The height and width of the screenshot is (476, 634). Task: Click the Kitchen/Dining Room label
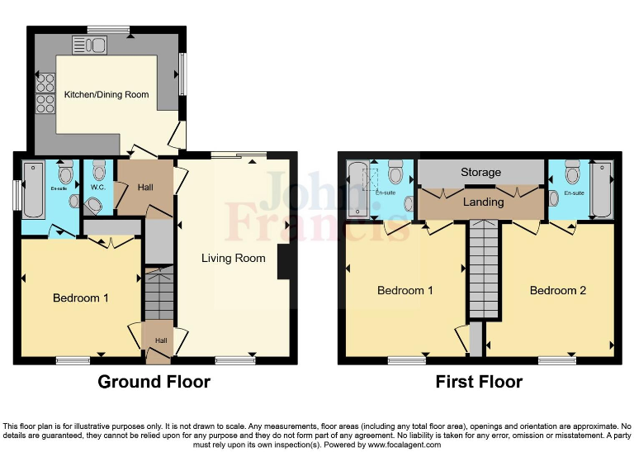(106, 95)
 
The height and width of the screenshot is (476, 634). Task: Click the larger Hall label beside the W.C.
(145, 188)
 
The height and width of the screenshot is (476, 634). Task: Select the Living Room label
(234, 259)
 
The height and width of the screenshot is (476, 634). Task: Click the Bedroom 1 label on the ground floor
(81, 297)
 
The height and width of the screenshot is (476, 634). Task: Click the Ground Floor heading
(154, 382)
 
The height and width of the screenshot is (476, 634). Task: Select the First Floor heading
(479, 382)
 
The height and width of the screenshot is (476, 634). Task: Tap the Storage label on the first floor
(481, 172)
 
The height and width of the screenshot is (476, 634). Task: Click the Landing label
(483, 202)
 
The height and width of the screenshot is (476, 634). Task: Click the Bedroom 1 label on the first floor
(405, 290)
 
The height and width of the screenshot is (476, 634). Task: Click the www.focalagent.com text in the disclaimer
(401, 445)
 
